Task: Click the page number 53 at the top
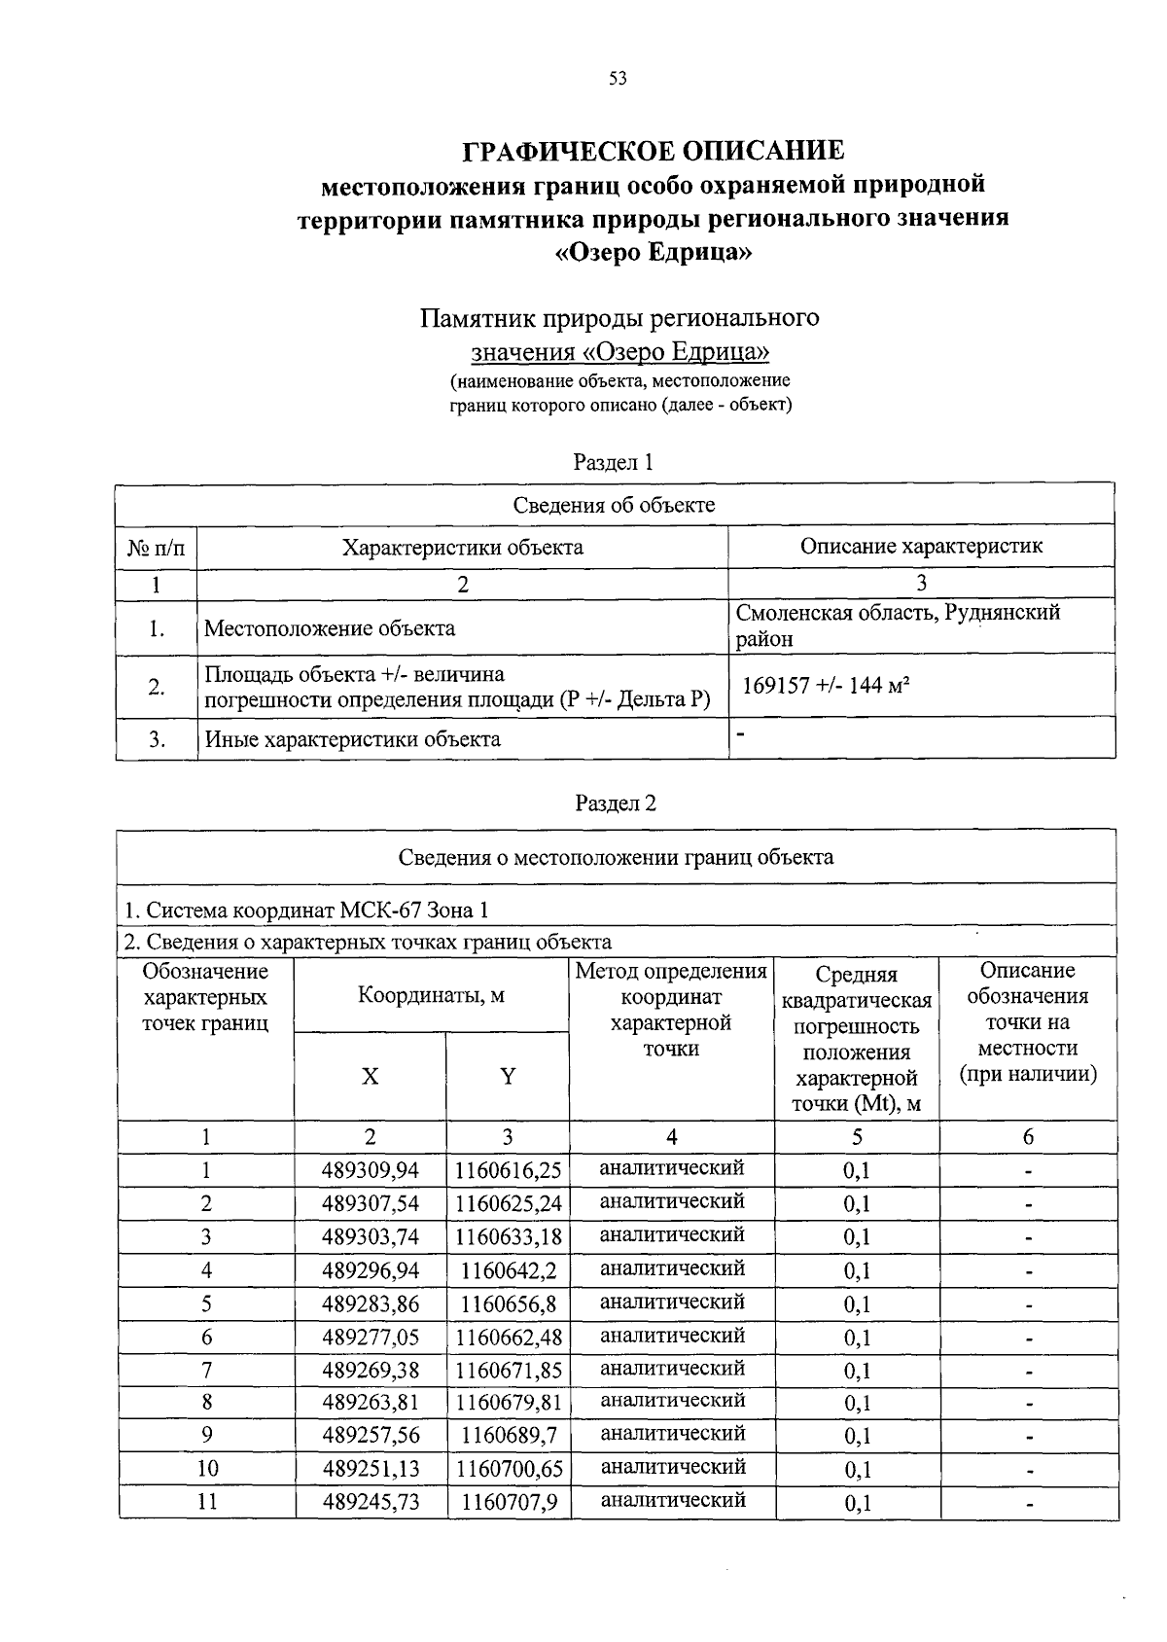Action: [618, 79]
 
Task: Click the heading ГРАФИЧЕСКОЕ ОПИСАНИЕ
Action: [653, 151]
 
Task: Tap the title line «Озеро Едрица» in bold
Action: [653, 252]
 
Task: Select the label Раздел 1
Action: [613, 462]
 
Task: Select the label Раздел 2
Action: [616, 803]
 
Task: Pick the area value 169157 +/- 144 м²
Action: [826, 686]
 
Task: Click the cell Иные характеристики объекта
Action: [352, 739]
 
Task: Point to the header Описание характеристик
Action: [920, 546]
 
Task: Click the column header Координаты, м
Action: [431, 995]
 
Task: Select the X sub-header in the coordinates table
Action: [371, 1077]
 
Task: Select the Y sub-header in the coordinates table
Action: [508, 1077]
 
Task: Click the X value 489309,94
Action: [371, 1170]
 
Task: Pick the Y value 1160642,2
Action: [509, 1270]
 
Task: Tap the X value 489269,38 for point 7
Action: [371, 1371]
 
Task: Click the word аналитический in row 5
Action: [672, 1303]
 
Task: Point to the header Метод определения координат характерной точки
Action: [671, 1010]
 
